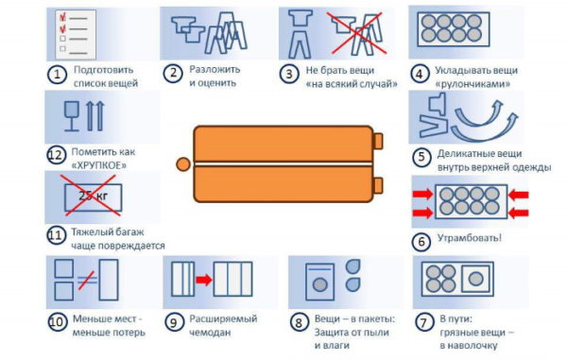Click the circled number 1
(57, 75)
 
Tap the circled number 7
(423, 322)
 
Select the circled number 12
(57, 155)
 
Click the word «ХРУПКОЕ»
(98, 165)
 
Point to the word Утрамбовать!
(470, 238)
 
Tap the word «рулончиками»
(472, 84)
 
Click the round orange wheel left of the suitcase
(183, 164)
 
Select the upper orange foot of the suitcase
(378, 141)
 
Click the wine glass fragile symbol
(71, 115)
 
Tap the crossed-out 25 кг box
(93, 197)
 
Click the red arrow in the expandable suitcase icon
(204, 280)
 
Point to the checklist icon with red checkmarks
(76, 34)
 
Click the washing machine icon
(319, 282)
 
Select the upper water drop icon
(352, 266)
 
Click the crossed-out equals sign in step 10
(87, 280)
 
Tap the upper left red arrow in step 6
(422, 195)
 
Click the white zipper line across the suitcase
(283, 164)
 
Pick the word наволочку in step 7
(469, 346)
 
